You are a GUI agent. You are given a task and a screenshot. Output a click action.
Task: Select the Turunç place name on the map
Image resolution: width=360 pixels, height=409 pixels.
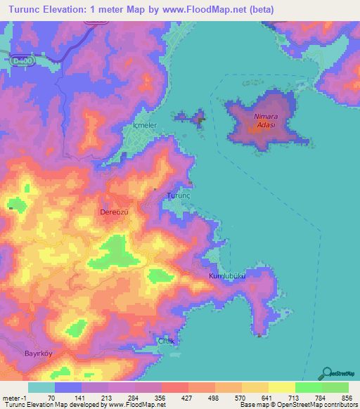click(178, 195)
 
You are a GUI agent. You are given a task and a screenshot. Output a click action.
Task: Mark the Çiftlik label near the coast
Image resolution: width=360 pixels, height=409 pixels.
click(165, 340)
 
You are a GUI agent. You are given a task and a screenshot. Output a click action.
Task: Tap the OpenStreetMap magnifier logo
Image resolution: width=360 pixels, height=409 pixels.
click(326, 374)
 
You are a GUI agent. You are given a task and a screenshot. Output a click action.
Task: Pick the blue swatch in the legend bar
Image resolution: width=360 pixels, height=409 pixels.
click(68, 387)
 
